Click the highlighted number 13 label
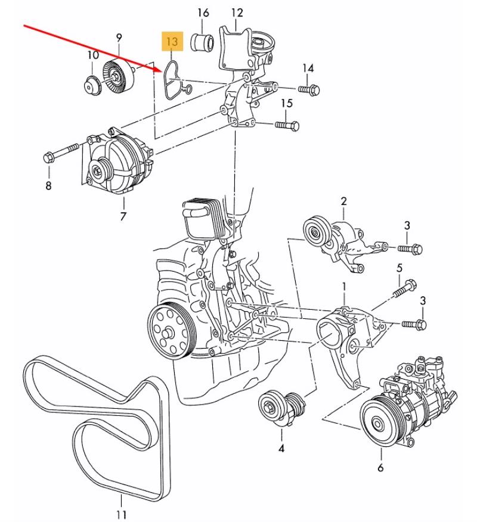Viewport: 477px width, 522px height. click(x=172, y=41)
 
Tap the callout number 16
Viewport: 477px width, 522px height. click(x=203, y=13)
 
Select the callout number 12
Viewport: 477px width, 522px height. click(x=237, y=13)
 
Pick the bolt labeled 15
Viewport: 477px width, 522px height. click(x=287, y=125)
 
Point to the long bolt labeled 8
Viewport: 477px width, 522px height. click(x=61, y=153)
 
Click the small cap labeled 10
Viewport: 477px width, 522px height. click(x=92, y=86)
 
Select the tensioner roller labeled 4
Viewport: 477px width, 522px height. click(x=282, y=409)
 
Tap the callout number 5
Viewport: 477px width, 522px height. click(x=399, y=268)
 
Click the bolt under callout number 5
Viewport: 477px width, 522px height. click(x=405, y=288)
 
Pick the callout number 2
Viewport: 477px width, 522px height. click(x=344, y=201)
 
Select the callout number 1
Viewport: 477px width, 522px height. click(x=344, y=287)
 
